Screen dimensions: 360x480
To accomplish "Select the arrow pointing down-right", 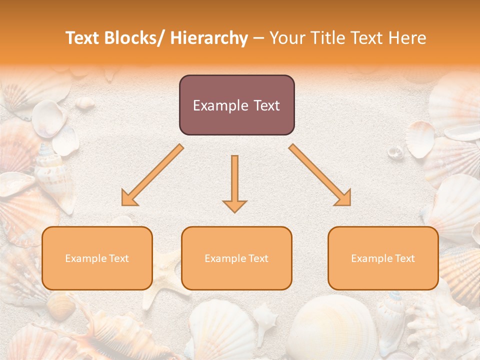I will [x=320, y=175].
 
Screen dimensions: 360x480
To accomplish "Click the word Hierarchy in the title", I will [x=208, y=38].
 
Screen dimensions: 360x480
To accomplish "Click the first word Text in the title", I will [x=83, y=38].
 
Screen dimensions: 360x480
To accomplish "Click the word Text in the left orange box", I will [x=118, y=258].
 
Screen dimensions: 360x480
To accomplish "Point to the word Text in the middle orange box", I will [x=257, y=258].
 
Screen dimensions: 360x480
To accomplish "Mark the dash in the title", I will [x=259, y=38].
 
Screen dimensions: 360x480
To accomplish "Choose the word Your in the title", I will [x=285, y=38].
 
